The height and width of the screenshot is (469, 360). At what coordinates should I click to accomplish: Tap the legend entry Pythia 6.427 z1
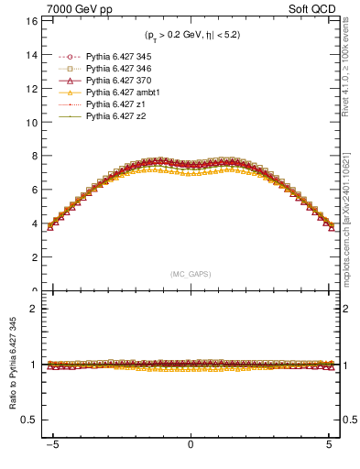(108, 104)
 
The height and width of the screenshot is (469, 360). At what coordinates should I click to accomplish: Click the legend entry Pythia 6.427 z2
(108, 116)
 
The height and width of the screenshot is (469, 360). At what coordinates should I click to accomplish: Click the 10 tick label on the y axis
(31, 122)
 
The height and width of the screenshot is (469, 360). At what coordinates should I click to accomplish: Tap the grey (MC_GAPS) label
(190, 274)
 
